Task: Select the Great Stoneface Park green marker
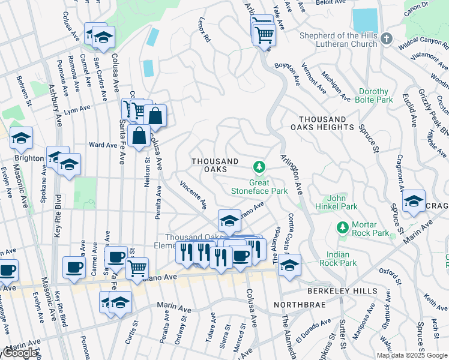point(259,166)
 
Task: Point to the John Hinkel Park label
point(343,202)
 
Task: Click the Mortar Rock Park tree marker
point(343,227)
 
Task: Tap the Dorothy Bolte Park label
point(373,96)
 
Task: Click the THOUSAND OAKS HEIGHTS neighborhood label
point(322,124)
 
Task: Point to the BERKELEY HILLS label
point(342,291)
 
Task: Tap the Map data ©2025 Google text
point(411,355)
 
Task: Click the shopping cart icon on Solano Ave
point(137,267)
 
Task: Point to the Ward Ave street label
point(103,145)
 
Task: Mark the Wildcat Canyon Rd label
point(420,44)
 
